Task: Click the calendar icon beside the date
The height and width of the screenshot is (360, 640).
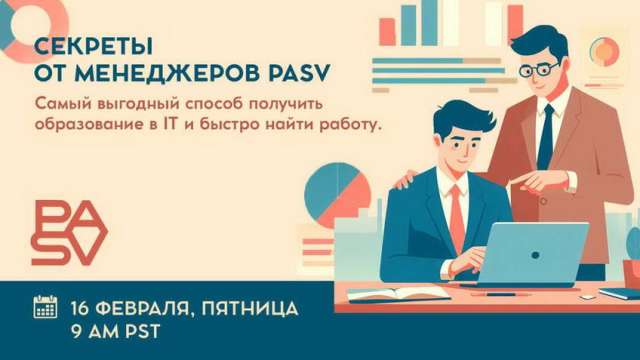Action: [x=45, y=306]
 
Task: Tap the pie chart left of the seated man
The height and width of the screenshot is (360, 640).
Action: [x=332, y=186]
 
